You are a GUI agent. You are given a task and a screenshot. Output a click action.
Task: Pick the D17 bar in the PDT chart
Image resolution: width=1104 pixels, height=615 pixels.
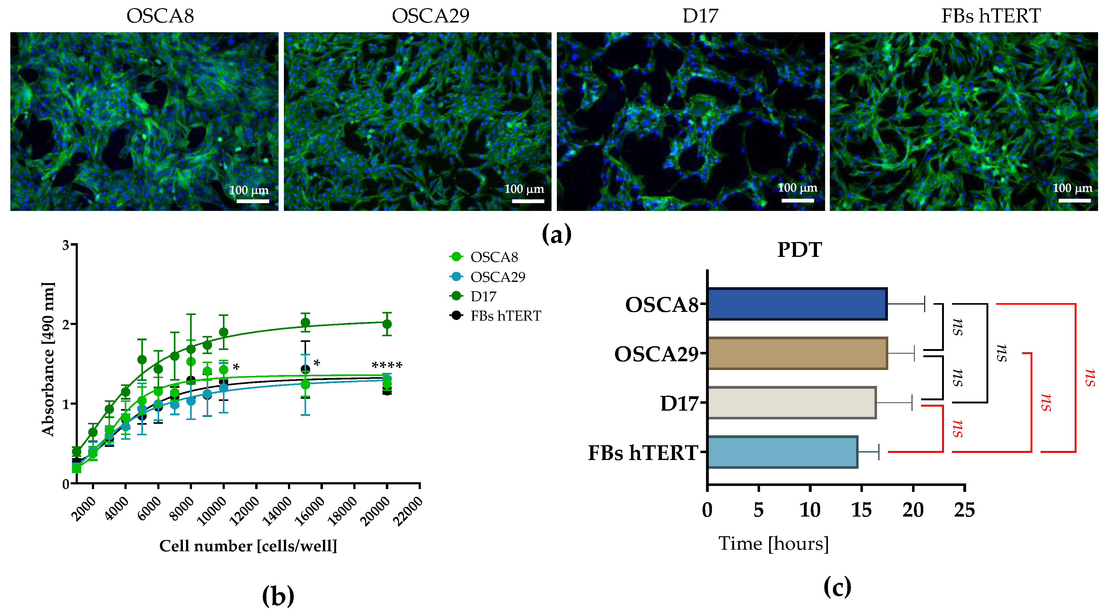[791, 402]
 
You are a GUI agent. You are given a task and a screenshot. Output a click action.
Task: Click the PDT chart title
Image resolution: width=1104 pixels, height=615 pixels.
[799, 250]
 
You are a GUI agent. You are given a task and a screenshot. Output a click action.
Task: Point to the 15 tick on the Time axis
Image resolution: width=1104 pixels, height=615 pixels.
[861, 510]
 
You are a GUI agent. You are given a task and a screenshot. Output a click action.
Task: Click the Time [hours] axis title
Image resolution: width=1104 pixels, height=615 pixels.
[774, 544]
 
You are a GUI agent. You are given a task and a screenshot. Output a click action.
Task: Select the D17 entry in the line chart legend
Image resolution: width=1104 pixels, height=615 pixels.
[483, 296]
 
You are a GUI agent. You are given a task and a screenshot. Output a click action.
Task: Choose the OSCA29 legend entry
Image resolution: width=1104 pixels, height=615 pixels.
[497, 277]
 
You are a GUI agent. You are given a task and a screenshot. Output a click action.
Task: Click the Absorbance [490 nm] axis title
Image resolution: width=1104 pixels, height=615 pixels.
[48, 360]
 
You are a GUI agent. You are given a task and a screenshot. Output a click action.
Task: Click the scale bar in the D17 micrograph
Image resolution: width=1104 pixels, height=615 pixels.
[797, 200]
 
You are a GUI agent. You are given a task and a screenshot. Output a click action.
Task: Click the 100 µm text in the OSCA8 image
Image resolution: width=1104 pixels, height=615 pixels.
[249, 190]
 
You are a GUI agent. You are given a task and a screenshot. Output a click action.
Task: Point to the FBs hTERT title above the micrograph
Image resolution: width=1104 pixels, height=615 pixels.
[991, 16]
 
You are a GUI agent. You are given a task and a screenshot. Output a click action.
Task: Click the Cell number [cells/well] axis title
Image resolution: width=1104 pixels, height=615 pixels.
[248, 546]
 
